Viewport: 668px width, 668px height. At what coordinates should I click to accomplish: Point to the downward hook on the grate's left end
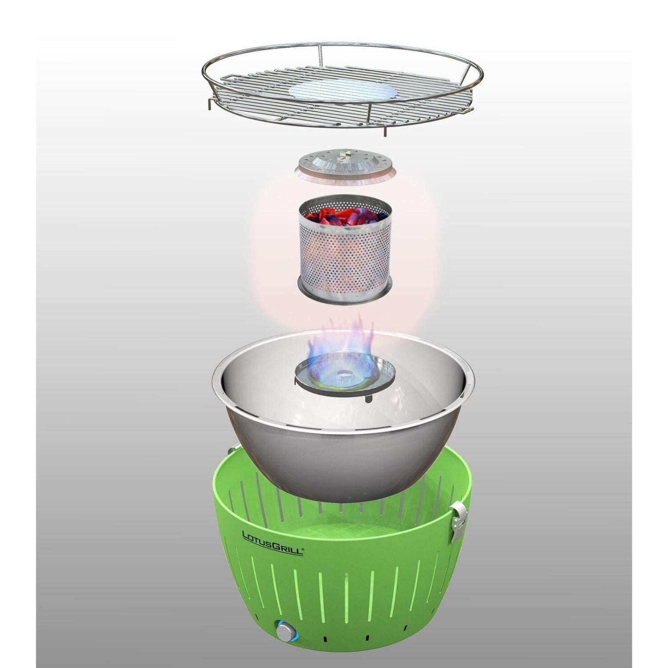coord(209,103)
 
